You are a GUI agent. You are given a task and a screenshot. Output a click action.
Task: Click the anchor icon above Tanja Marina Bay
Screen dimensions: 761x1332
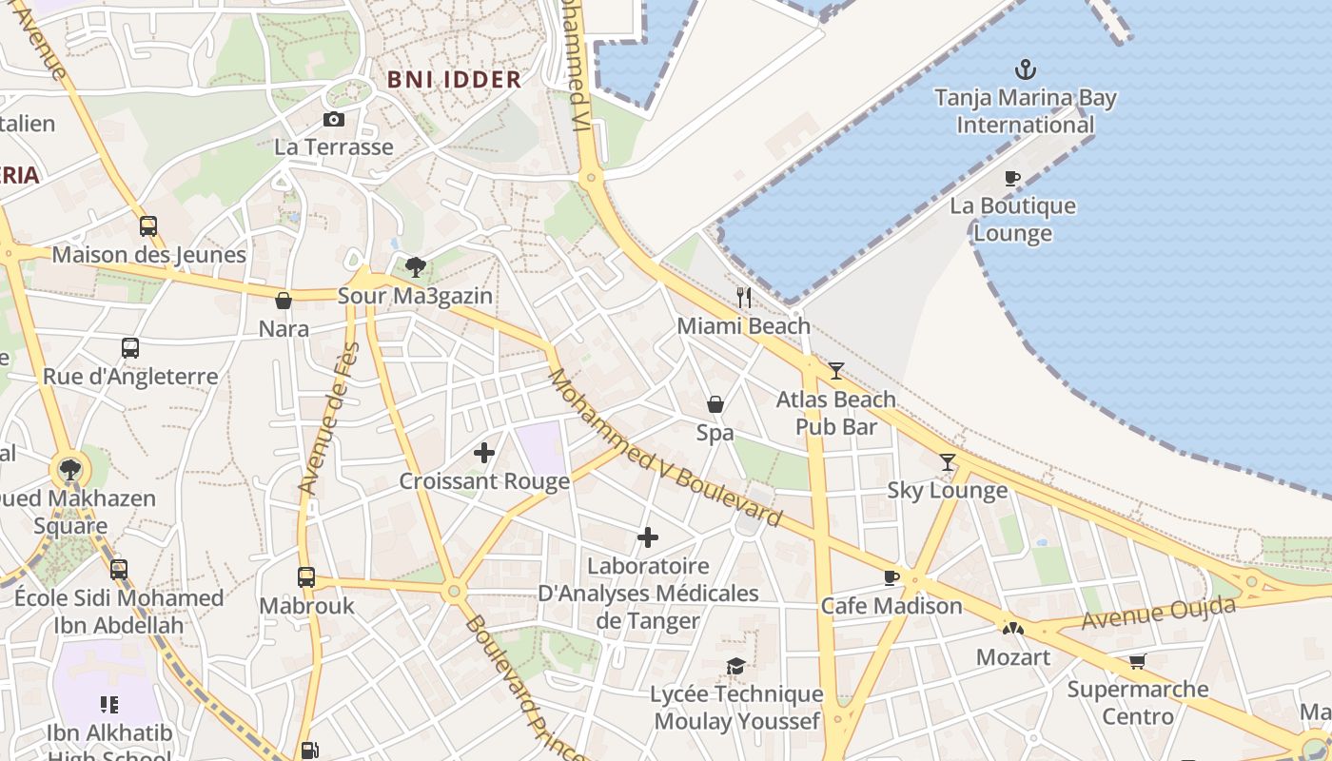[x=1025, y=69]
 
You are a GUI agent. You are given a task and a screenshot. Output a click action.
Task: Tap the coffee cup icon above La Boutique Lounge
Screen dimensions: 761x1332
[x=1012, y=178]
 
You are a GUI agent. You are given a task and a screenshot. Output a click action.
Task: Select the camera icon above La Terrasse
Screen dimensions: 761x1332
[x=333, y=119]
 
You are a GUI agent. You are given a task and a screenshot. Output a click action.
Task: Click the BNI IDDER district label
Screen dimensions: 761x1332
[x=455, y=80]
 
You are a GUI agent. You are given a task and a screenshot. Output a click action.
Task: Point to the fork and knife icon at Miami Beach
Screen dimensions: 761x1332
[x=744, y=298]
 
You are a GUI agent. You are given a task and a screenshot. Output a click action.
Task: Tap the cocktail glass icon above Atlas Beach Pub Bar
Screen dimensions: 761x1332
[x=836, y=371]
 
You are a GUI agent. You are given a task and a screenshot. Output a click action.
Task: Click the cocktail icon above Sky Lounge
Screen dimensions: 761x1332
[x=948, y=462]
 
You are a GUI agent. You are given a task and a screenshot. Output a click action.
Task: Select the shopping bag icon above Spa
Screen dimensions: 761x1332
[x=715, y=404]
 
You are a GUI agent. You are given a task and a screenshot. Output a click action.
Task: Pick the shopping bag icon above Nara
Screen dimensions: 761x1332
[x=284, y=301]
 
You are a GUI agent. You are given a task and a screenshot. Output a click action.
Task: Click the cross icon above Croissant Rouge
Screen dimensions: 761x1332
[x=484, y=453]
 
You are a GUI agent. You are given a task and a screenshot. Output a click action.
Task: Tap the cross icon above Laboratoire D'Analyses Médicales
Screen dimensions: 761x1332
[x=648, y=537]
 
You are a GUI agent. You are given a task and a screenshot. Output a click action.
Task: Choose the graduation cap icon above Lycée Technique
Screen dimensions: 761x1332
[x=736, y=666]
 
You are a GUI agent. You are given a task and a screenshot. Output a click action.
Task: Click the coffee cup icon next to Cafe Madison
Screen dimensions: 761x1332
[x=891, y=577]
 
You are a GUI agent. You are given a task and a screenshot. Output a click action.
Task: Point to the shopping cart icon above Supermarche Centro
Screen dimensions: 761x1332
[x=1137, y=661]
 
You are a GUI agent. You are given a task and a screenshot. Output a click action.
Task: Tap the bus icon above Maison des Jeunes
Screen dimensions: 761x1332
[x=148, y=226]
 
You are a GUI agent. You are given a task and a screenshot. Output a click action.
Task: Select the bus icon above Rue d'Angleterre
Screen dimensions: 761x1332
[x=130, y=348]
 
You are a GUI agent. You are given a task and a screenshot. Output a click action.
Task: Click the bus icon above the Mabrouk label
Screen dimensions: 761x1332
[x=306, y=577]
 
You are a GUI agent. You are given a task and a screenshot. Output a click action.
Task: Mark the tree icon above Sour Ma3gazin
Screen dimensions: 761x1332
[x=415, y=267]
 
